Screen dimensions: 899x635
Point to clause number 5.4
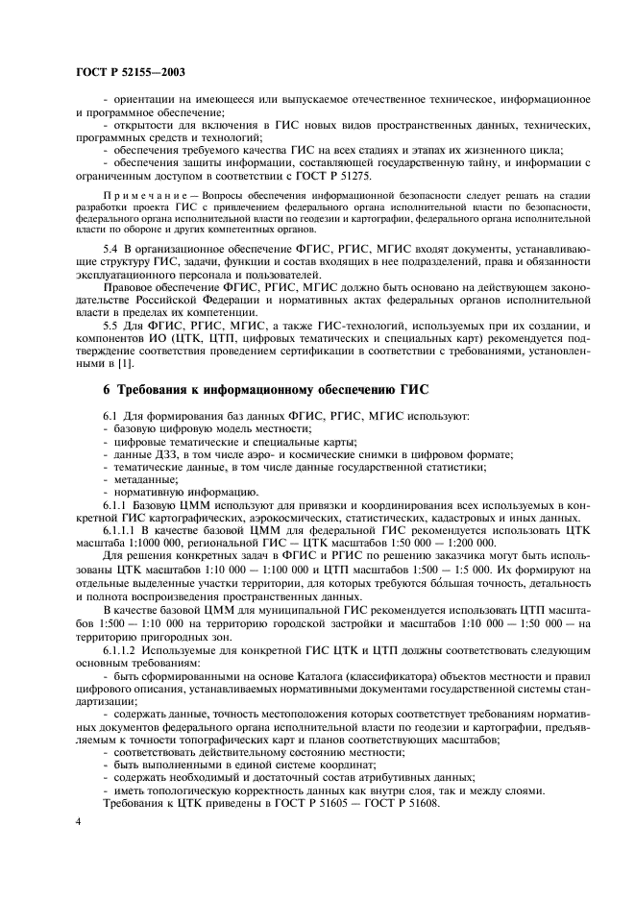click(111, 247)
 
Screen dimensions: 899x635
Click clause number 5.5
click(111, 328)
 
